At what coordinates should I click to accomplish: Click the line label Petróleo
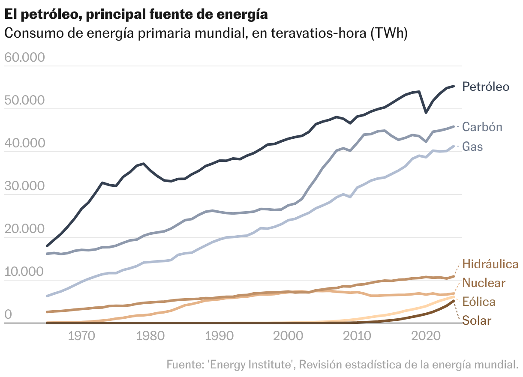click(x=486, y=87)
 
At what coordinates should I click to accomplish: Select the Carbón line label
click(x=482, y=127)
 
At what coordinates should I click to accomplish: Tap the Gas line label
click(x=472, y=147)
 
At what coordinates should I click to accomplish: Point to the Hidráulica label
click(x=490, y=264)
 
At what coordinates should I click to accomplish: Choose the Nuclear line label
click(x=484, y=283)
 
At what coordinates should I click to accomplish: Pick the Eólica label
click(x=479, y=302)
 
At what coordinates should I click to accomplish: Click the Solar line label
click(x=477, y=320)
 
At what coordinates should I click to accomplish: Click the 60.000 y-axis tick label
click(x=24, y=57)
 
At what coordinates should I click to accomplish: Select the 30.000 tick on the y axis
click(x=24, y=186)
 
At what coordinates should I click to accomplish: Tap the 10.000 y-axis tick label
click(x=24, y=272)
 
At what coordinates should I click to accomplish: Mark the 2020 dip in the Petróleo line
click(x=426, y=112)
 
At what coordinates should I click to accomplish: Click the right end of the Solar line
click(x=454, y=301)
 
